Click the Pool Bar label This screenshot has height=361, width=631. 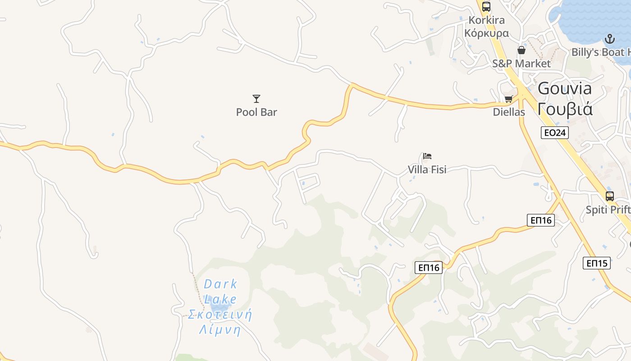pyautogui.click(x=256, y=112)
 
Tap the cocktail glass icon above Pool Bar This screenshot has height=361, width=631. pyautogui.click(x=256, y=98)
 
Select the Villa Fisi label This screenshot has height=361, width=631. pyautogui.click(x=427, y=170)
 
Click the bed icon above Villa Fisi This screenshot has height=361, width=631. pyautogui.click(x=427, y=157)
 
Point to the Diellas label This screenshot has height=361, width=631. pyautogui.click(x=509, y=112)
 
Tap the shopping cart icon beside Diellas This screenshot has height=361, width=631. pyautogui.click(x=509, y=99)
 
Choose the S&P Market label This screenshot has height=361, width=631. pyautogui.click(x=521, y=64)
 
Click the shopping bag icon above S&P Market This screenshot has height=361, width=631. pyautogui.click(x=521, y=50)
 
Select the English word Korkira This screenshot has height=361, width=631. pyautogui.click(x=487, y=20)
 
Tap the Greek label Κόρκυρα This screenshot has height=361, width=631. pyautogui.click(x=487, y=33)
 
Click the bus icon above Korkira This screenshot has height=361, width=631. pyautogui.click(x=486, y=7)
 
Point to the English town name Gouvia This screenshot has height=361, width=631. pyautogui.click(x=565, y=88)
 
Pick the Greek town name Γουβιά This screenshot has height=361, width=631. pyautogui.click(x=565, y=109)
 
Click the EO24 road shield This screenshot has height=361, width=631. pyautogui.click(x=555, y=133)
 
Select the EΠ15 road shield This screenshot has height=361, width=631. pyautogui.click(x=597, y=263)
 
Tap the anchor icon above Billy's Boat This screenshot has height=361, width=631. pyautogui.click(x=610, y=39)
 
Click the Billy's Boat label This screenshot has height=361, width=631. pyautogui.click(x=601, y=52)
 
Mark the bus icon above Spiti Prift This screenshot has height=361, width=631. pyautogui.click(x=610, y=196)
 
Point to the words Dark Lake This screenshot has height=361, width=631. pyautogui.click(x=220, y=292)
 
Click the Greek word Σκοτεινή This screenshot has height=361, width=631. pyautogui.click(x=220, y=315)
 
